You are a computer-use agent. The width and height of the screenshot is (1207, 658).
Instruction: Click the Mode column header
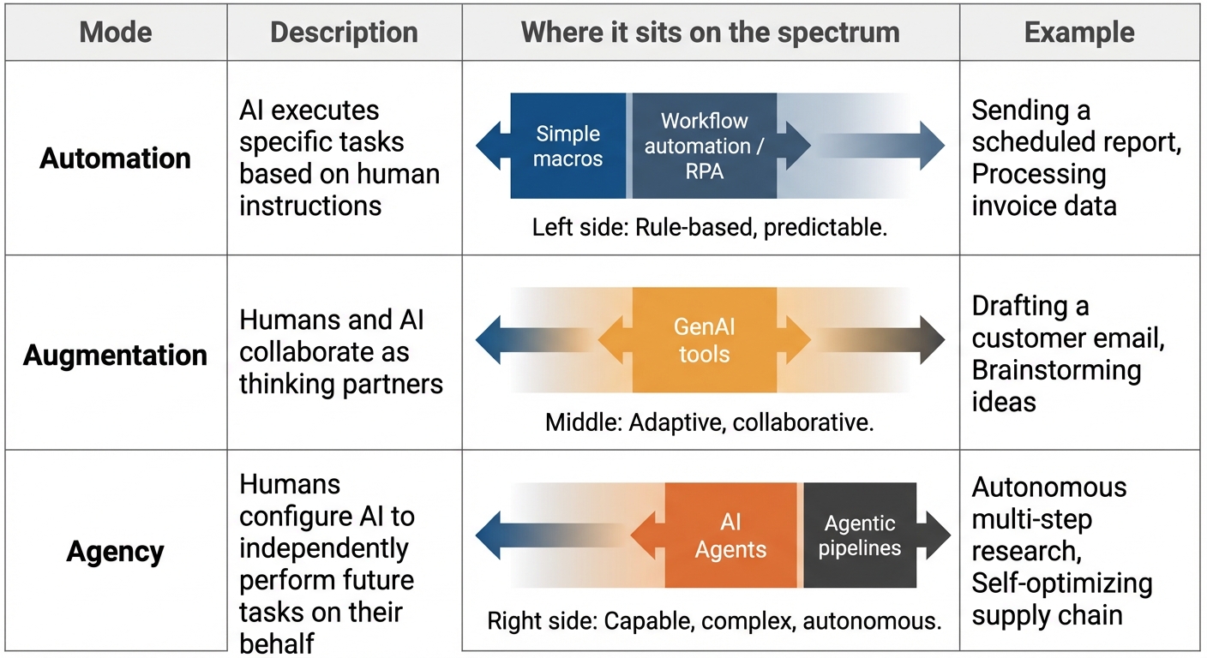tap(115, 33)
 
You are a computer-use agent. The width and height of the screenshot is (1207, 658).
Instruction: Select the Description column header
tap(344, 33)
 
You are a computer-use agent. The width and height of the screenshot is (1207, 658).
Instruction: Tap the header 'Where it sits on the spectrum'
tap(710, 33)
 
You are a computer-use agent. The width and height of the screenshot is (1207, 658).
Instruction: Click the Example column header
tap(1078, 33)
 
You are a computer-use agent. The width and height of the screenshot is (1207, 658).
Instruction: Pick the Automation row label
tap(115, 159)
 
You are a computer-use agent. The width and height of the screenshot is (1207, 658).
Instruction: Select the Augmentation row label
tap(115, 355)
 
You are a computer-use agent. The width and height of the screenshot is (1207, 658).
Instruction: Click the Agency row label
tap(115, 552)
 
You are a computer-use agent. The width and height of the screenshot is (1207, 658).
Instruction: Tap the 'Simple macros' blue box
tap(568, 147)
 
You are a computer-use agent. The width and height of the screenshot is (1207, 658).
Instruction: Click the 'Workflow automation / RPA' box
tap(704, 147)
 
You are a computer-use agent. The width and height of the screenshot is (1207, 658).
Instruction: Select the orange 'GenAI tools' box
tap(704, 340)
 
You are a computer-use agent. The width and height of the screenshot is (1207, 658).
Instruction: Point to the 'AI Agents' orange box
tap(731, 536)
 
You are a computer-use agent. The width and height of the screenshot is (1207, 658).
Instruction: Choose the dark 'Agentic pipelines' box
tap(859, 535)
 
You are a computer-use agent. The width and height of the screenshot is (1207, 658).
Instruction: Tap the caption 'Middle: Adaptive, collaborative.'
tap(709, 423)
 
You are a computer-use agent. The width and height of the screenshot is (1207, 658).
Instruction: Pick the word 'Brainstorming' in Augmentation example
tap(1056, 370)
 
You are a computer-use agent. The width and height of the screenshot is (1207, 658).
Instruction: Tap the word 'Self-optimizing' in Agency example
tap(1061, 583)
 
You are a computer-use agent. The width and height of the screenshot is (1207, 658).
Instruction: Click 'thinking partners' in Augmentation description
tap(340, 384)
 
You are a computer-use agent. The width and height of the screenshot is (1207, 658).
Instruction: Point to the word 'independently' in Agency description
tap(323, 547)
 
